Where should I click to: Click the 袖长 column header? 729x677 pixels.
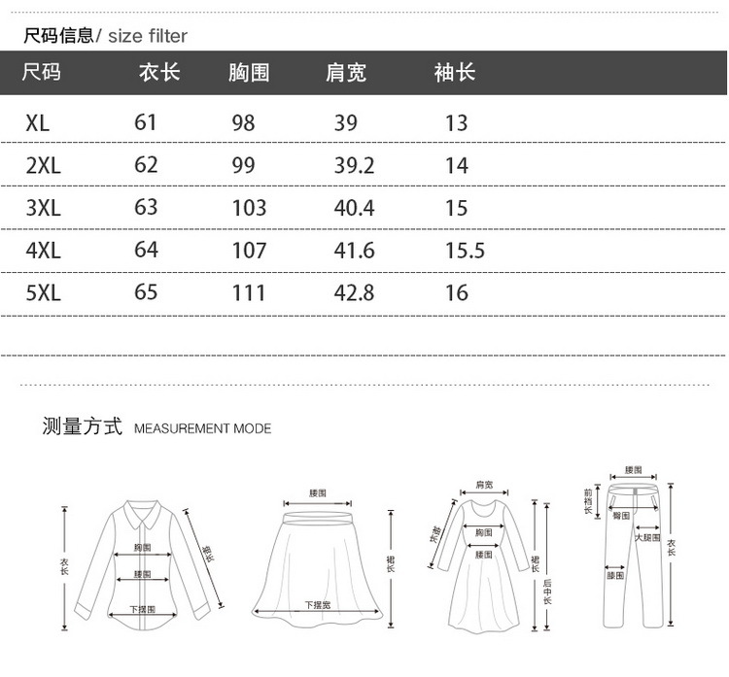pos(454,73)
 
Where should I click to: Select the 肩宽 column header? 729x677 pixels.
pos(346,73)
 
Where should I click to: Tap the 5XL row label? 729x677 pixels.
pos(44,292)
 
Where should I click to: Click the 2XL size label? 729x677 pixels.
pos(44,165)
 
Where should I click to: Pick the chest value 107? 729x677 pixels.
pos(249,251)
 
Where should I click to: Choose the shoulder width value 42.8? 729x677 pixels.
pos(354,292)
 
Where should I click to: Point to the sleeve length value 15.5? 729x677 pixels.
pos(465,251)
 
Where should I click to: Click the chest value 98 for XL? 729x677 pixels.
pos(243,123)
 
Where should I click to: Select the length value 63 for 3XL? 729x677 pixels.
pos(146,208)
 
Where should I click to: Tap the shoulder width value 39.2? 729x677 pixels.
pos(354,165)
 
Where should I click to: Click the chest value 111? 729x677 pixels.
pos(249,292)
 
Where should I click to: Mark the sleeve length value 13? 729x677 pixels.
pos(456,123)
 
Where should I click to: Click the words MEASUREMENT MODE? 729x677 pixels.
pos(202,428)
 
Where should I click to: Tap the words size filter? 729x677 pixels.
pos(147,37)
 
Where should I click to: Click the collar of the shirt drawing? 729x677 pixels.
pos(141,516)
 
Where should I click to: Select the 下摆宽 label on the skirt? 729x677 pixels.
pos(318,604)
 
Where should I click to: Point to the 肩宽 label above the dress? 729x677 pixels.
pos(484,484)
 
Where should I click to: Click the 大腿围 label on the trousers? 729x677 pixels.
pos(647,537)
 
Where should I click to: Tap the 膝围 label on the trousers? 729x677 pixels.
pos(615,576)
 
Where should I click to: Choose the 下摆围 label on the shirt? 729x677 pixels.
pos(142,610)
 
